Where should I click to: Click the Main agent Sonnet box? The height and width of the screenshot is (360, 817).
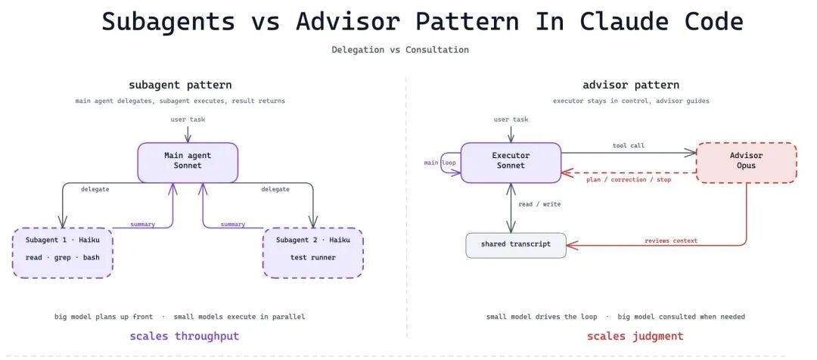click(x=188, y=161)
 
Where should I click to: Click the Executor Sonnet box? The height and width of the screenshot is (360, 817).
click(x=511, y=161)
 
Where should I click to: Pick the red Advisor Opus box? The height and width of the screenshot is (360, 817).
click(x=746, y=162)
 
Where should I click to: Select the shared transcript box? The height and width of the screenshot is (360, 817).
click(x=515, y=244)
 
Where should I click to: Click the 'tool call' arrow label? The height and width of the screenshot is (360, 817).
click(x=628, y=145)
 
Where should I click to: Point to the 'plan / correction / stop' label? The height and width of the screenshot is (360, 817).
click(x=629, y=179)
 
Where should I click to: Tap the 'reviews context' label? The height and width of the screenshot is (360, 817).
click(x=671, y=241)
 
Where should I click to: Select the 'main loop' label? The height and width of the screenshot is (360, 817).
click(x=440, y=163)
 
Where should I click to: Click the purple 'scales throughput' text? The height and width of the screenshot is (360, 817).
click(x=185, y=336)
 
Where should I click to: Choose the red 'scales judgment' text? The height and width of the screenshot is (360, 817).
click(x=635, y=336)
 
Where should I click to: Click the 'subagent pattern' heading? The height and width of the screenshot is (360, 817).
click(x=180, y=85)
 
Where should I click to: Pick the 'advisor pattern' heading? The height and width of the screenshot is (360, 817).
click(x=631, y=85)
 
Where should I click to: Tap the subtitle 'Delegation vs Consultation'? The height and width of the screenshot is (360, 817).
click(x=400, y=50)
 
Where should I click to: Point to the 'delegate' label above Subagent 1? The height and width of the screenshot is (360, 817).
click(x=95, y=189)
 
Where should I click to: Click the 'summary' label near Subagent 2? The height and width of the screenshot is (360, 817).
click(x=232, y=224)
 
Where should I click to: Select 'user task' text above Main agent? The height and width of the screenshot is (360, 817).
click(x=188, y=119)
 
